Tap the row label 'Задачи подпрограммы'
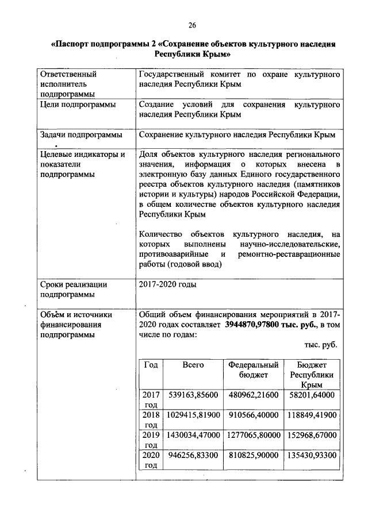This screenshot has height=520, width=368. coord(80,135)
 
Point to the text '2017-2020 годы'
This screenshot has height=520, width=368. coord(167,284)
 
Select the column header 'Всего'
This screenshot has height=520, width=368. coord(193,365)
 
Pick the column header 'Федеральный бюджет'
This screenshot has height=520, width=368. coord(253,369)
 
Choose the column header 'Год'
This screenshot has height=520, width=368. coord(151,365)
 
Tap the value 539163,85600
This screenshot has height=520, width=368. coord(193,395)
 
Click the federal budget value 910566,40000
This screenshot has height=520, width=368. coord(253,415)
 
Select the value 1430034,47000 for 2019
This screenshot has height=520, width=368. coord(193,435)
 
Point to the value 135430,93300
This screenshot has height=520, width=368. coord(311,455)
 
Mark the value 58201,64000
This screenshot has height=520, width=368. coord(311,395)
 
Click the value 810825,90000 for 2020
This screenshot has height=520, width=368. coord(253,455)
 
